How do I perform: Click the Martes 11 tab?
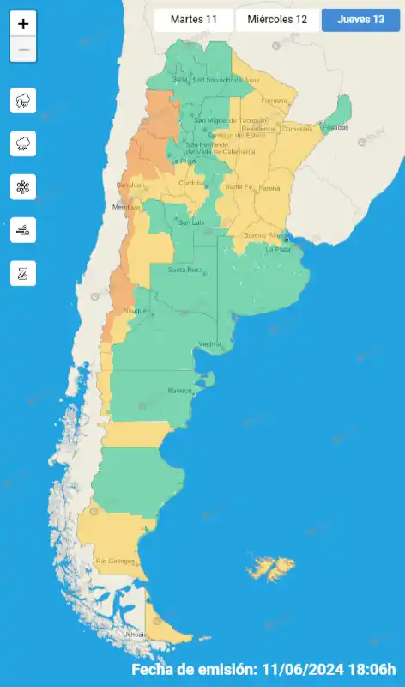click(193, 20)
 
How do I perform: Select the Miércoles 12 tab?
click(277, 20)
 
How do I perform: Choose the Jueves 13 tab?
click(360, 20)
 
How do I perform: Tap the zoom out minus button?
click(23, 50)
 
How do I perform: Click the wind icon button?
click(23, 229)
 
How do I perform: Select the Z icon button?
click(23, 273)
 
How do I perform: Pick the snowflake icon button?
click(23, 186)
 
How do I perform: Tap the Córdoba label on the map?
click(190, 183)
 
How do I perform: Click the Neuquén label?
click(136, 310)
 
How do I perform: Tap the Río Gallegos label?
click(117, 561)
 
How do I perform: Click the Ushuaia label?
click(135, 635)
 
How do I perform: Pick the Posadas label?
click(337, 127)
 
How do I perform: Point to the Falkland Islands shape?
click(270, 568)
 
